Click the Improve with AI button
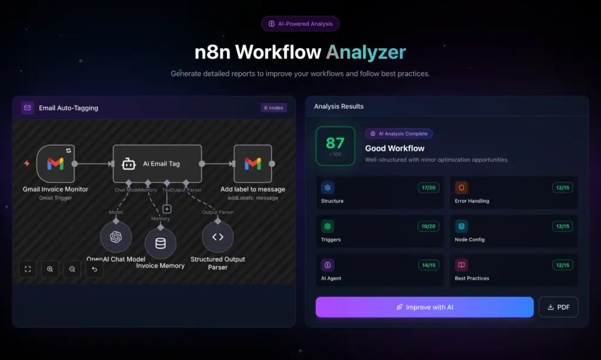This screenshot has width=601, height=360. pos(424,307)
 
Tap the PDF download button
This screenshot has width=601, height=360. pos(558,307)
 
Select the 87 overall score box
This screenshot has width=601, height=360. pos(335,146)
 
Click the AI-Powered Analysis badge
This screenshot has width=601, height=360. pos(300,24)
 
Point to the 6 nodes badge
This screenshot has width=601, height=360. pos(274,108)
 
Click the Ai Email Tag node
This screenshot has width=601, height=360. pos(157,164)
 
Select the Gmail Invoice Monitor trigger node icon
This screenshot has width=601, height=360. pos(55,164)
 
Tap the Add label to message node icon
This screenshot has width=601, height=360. pos(252,164)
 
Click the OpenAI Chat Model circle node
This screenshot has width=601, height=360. pos(116,237)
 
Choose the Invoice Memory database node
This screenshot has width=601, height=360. pos(160,243)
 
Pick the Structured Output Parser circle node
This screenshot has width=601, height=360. pos(218,237)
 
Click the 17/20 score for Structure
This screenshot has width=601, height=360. pos(427,188)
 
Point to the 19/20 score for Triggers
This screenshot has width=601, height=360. pos(427,226)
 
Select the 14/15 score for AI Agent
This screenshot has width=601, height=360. pos(427,265)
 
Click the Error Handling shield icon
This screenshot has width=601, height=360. pos(461,188)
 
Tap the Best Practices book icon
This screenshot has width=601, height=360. pos(461,265)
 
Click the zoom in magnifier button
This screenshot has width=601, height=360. pos(50,269)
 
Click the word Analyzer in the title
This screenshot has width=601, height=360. pos(366,52)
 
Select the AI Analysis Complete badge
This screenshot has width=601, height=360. pos(399,134)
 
